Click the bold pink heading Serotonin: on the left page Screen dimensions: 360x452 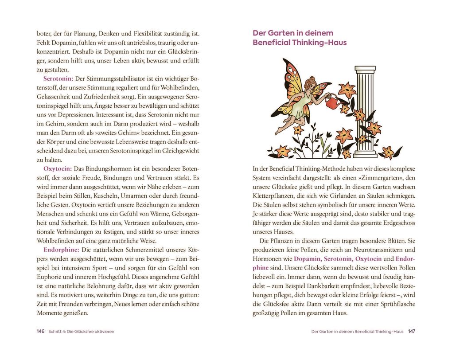click(x=58, y=79)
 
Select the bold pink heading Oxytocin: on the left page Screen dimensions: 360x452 click(x=57, y=169)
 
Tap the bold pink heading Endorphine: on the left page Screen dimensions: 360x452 click(x=61, y=250)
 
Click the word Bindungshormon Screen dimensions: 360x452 click(x=108, y=169)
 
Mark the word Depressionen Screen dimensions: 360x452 click(x=74, y=115)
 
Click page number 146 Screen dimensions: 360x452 click(x=41, y=331)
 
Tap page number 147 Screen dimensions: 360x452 click(x=412, y=331)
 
